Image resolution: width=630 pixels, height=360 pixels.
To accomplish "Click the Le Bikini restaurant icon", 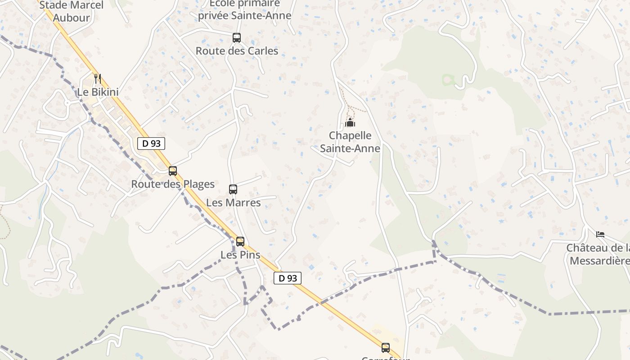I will (98, 78).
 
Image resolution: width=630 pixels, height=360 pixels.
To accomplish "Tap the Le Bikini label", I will (98, 92).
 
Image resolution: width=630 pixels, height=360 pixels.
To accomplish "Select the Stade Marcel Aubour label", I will (72, 11).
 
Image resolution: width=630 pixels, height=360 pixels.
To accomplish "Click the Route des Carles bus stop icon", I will (237, 38).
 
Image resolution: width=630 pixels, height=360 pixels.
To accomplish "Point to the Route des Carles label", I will (237, 51).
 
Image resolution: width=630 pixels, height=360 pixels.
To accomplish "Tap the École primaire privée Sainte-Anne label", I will (245, 10).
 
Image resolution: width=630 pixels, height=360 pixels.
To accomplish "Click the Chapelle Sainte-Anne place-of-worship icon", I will (350, 122).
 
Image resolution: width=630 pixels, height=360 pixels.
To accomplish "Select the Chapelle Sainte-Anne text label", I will (350, 142).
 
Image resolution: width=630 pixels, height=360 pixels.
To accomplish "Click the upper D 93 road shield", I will (151, 144).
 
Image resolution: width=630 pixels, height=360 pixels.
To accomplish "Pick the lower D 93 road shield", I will (288, 278).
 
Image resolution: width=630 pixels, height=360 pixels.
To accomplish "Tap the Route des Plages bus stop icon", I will (173, 171).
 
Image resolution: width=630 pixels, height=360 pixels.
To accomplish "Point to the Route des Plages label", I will (173, 184).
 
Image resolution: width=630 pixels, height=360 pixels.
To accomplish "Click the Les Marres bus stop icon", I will (233, 189).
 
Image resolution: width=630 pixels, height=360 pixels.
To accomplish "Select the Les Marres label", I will (233, 202).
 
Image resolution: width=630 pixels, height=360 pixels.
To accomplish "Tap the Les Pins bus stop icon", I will (240, 242).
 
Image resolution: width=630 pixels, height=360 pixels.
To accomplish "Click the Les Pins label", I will (240, 255).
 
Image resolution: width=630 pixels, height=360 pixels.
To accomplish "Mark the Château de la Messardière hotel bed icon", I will (600, 234).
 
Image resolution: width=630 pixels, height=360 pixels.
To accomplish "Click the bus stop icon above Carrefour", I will (386, 347).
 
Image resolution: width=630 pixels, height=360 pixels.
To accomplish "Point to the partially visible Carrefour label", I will (386, 358).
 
